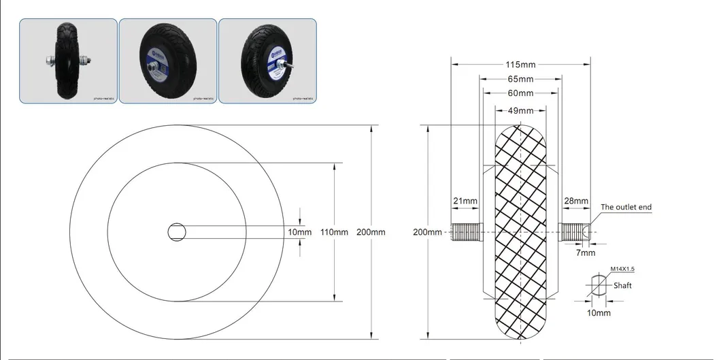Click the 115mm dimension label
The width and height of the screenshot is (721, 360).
coord(520,65)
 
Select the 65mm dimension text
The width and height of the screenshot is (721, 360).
coord(520,79)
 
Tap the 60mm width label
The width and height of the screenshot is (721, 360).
coord(520,93)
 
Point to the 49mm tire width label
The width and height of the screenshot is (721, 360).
coord(520,110)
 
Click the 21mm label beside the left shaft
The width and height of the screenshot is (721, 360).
coord(465,201)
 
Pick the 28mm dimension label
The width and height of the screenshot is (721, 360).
coord(576,201)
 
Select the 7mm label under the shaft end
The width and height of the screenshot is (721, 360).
coord(586,252)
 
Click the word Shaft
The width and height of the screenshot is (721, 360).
coord(622,286)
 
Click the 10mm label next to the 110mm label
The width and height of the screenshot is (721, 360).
coord(300,232)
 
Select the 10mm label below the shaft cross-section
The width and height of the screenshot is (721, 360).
coord(599,313)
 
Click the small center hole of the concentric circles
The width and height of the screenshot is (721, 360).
coord(177,232)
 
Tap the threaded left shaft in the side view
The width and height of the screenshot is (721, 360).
coord(466,232)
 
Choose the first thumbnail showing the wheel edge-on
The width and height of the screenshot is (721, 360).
coord(67,61)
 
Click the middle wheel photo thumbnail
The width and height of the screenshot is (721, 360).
coord(168,61)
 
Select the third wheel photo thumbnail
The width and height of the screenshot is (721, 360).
coord(267,61)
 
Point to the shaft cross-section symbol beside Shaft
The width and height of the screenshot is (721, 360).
coord(597,286)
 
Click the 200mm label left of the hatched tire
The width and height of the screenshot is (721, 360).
coord(427,232)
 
